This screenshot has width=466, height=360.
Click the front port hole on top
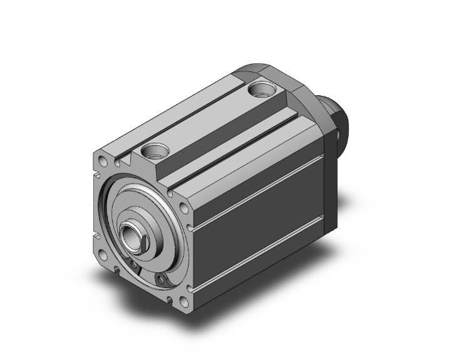tap(153, 150)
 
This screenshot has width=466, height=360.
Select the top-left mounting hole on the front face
tap(101, 163)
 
